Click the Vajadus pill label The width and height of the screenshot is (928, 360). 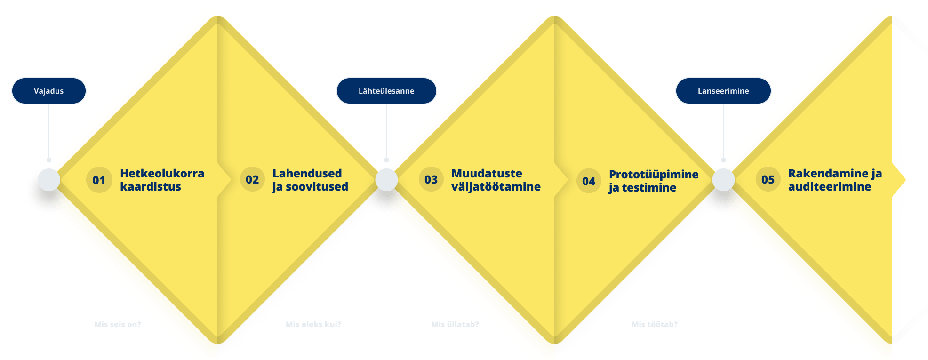[x=49, y=91]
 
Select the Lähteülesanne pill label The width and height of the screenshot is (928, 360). [x=386, y=91]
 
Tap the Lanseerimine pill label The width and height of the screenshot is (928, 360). [x=723, y=91]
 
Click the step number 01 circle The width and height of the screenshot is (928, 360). [x=99, y=180]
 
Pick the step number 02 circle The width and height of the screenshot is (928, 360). [x=252, y=179]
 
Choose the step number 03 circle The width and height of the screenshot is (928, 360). [x=431, y=179]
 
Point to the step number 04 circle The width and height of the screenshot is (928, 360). [x=589, y=181]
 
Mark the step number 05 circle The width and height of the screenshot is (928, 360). [x=768, y=179]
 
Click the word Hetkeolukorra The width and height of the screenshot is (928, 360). [x=162, y=173]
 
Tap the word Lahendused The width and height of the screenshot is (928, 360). [x=307, y=173]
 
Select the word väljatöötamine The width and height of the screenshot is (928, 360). [x=496, y=187]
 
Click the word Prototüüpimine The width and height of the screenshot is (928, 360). [x=654, y=174]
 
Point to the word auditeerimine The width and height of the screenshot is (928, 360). [x=830, y=187]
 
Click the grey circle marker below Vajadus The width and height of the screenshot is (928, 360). [x=49, y=179]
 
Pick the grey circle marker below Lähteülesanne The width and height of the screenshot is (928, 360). [x=386, y=179]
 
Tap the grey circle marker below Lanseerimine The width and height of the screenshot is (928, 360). [x=723, y=179]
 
